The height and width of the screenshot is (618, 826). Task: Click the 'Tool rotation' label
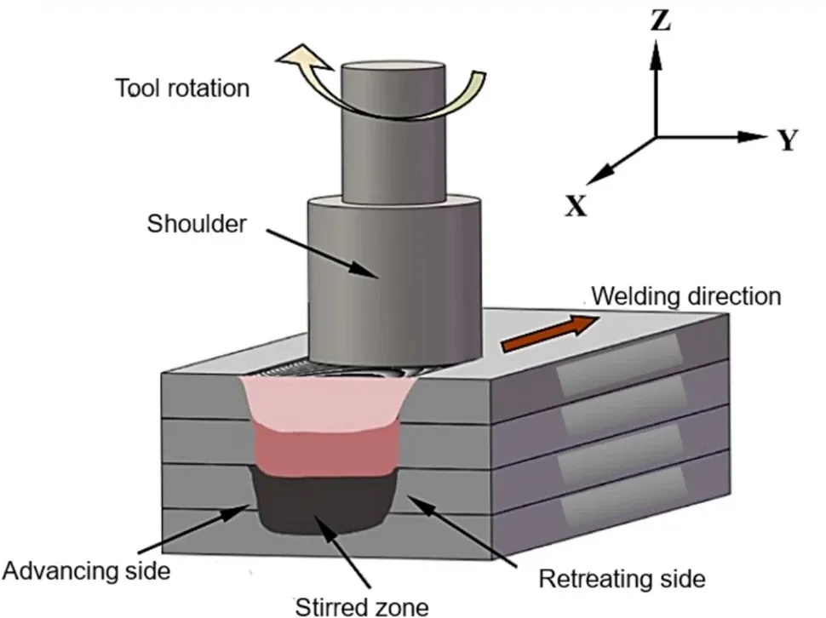point(182,88)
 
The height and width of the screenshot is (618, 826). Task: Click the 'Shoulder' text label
point(197,225)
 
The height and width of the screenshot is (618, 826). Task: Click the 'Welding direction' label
point(685,296)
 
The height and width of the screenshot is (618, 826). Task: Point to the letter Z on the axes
point(660,21)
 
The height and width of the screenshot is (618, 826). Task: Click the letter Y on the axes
point(788,141)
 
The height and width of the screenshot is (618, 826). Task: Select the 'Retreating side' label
point(622,580)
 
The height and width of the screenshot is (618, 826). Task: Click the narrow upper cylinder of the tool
point(393,128)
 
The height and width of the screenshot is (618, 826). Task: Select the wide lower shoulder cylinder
point(394,281)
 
